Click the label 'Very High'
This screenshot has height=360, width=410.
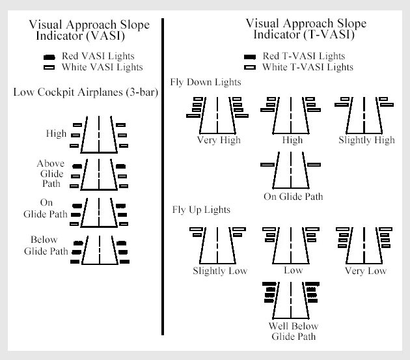pos(219,140)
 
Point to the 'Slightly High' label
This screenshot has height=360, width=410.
pos(366,140)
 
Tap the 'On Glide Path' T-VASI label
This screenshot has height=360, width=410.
pos(293,196)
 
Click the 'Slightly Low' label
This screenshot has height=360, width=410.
pos(220,271)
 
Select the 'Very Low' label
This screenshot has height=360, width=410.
pos(366,271)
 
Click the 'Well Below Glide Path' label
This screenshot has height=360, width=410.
pos(293,331)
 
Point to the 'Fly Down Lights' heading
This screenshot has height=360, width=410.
pos(206,83)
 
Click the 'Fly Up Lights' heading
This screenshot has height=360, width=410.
pos(201,210)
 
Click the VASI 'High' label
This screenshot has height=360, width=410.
pos(56,133)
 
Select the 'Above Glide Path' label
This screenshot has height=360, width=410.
pos(50,174)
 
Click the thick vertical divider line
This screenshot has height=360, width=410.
pos(162,176)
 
